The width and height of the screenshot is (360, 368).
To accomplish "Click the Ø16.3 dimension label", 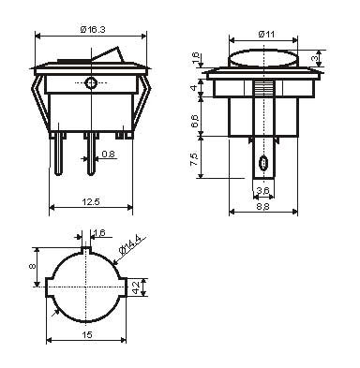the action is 93,30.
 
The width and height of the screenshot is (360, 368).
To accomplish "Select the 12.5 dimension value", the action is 91,201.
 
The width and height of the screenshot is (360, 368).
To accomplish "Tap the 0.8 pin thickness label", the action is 108,154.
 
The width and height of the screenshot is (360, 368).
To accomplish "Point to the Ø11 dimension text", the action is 266,34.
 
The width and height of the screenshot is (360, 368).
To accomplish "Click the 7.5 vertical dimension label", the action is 194,159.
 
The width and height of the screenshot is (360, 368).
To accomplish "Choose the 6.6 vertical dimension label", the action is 194,121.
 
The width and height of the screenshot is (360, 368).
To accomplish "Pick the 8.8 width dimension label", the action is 262,207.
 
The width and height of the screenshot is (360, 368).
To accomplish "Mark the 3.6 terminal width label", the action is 262,190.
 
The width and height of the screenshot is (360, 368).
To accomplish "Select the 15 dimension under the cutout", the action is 87,335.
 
